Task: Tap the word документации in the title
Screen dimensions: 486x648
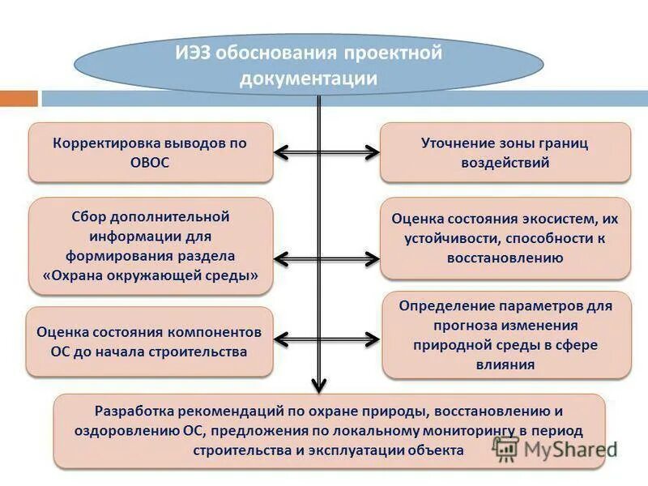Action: click(309, 79)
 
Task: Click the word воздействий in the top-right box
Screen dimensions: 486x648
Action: click(505, 162)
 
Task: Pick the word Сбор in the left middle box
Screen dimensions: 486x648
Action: click(87, 217)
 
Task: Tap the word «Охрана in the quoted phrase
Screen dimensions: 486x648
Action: click(73, 275)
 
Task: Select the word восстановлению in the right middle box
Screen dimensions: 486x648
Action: click(505, 258)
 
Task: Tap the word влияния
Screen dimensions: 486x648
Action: click(505, 364)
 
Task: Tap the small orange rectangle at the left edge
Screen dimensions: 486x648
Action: click(19, 98)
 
